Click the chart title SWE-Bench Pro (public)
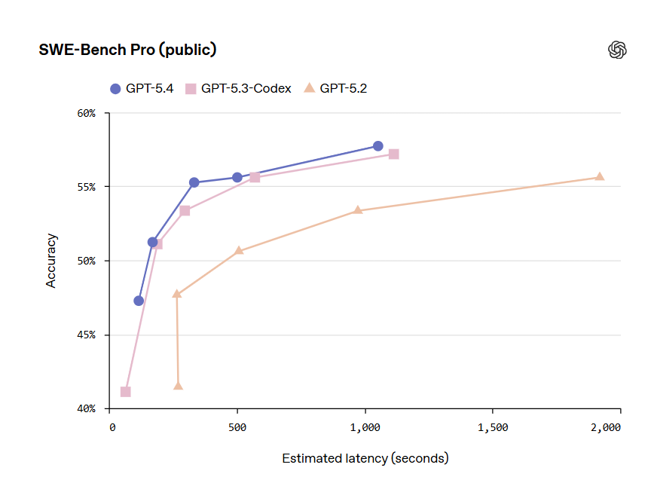coord(127,50)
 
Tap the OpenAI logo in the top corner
coord(617,50)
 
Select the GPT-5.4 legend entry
coord(142,88)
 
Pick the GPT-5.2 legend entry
coord(335,88)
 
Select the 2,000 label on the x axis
coord(605,427)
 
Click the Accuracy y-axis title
coord(51,261)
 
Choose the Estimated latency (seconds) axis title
coord(365,458)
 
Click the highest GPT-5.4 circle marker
coord(377,145)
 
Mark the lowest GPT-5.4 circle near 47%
coord(139,301)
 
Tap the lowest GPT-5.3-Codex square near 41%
coord(125,391)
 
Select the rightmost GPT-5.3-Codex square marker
coord(393,154)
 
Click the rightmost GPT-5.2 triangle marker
coord(600,176)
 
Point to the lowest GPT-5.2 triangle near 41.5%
coord(178,386)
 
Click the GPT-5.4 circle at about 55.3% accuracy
coord(194,182)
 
